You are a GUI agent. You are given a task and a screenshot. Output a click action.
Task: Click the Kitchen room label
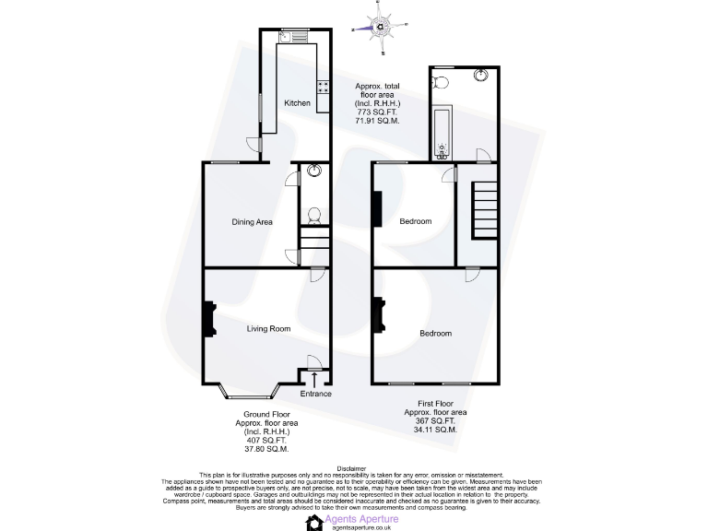[x=297, y=103]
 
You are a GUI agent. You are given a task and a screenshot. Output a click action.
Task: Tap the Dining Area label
[x=252, y=222]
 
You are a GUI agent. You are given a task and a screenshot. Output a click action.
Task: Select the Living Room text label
[x=268, y=328]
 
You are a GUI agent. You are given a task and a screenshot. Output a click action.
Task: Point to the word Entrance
[x=315, y=394]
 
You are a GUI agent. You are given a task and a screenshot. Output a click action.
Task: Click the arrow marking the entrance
[x=315, y=379]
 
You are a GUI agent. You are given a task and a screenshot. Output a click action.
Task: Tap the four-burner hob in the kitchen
[x=324, y=88]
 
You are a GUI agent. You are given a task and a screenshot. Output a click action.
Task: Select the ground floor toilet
[x=313, y=216]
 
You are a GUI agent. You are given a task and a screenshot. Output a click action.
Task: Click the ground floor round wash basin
[x=314, y=171]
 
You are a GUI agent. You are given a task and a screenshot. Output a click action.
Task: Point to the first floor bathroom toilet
[x=440, y=83]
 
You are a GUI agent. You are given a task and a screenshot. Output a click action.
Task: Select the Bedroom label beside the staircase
[x=415, y=222]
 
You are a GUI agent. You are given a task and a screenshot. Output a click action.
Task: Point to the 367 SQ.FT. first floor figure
[x=435, y=421]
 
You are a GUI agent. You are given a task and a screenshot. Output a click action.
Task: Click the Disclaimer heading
[x=354, y=467]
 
